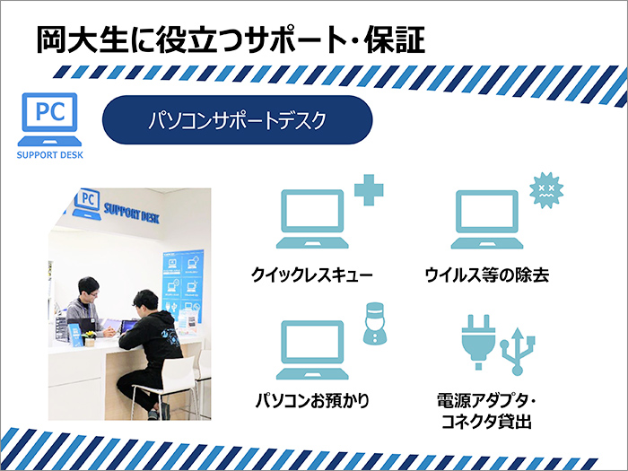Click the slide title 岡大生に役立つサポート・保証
231,39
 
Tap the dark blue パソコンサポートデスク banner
238,119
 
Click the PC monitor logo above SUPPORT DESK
49,119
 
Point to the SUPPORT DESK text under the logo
49,155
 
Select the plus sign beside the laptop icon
369,190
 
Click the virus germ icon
546,190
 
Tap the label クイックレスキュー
312,275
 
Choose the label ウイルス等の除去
486,275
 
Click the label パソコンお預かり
312,400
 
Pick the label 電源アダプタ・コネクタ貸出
486,411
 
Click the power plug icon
478,342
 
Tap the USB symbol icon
518,352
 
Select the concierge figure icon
375,324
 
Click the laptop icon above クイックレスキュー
312,219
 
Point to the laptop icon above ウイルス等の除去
487,219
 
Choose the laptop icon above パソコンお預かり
312,350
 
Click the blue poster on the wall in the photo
183,284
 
